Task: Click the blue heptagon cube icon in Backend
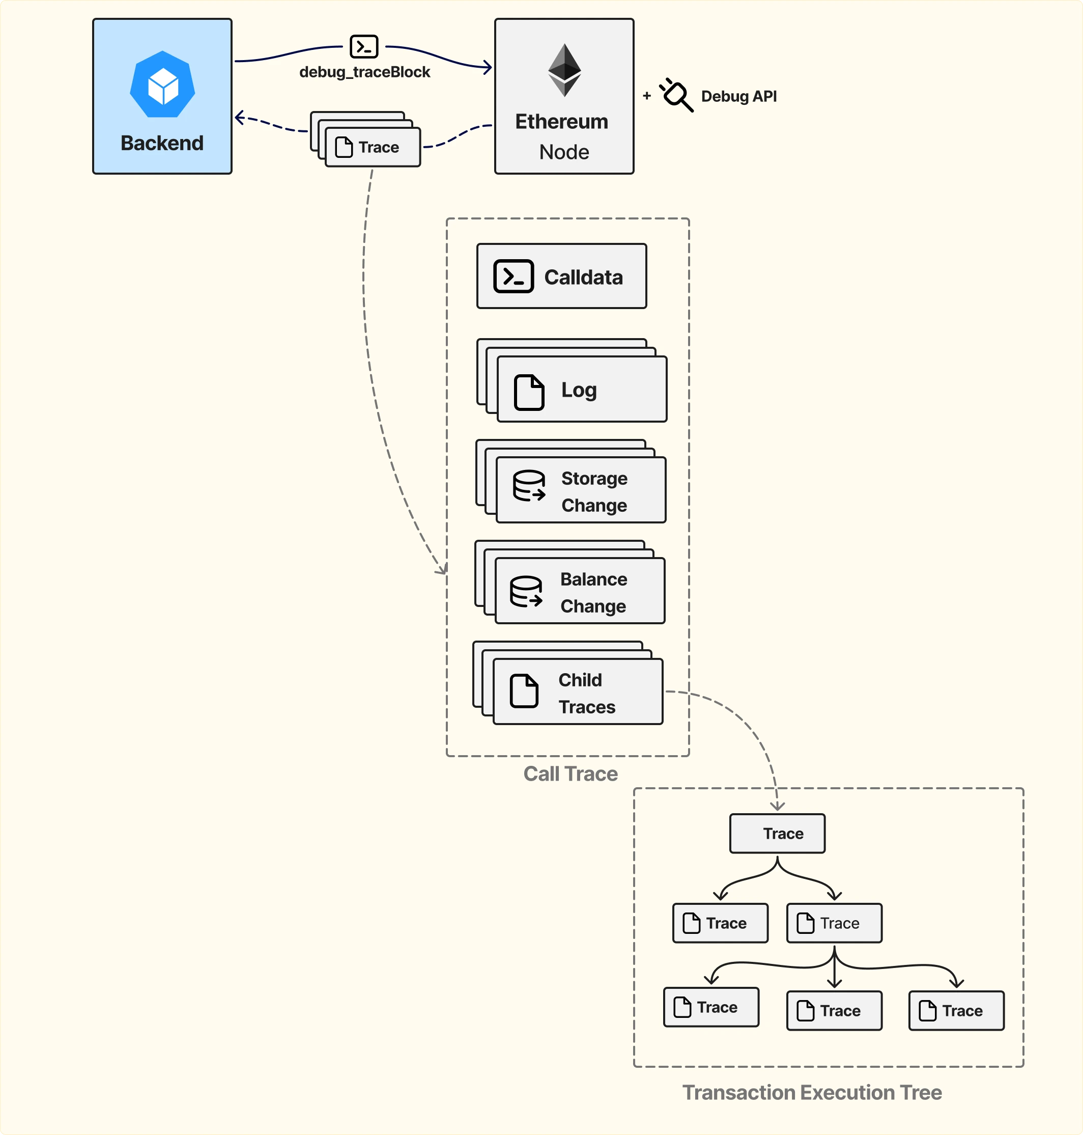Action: pos(162,86)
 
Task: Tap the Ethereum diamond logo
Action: pos(564,70)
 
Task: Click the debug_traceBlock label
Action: pos(364,72)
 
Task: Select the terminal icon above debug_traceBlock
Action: pos(364,47)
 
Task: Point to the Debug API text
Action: pos(738,96)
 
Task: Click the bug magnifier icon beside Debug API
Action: pos(676,95)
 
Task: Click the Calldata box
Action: pos(561,276)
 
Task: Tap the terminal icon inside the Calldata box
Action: pos(513,276)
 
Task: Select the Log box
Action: pos(581,390)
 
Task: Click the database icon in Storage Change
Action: pos(529,485)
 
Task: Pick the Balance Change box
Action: pos(580,591)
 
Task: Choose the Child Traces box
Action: pos(578,691)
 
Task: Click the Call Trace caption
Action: pos(570,773)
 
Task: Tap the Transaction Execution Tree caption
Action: pos(812,1092)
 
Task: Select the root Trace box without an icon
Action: pos(777,834)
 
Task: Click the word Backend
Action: pos(162,143)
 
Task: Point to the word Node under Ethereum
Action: pos(564,152)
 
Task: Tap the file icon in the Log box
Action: pos(529,392)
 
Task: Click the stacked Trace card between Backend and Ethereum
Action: pos(373,147)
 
